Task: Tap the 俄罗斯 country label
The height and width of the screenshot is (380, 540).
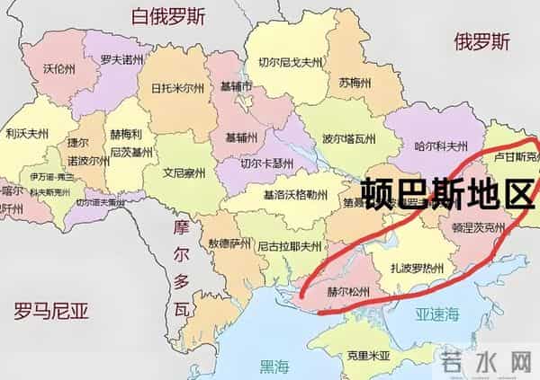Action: tap(481, 42)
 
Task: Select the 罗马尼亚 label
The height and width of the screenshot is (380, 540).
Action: tap(52, 312)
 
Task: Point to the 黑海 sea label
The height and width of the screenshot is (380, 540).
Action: tap(275, 366)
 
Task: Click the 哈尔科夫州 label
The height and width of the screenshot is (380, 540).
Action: tap(441, 145)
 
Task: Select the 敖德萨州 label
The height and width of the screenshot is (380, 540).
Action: tap(228, 243)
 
